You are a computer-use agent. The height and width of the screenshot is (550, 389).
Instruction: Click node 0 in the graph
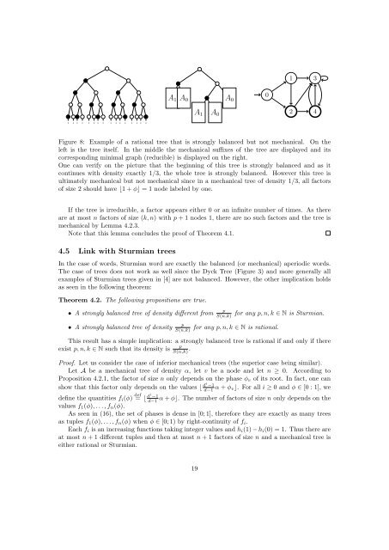pyautogui.click(x=268, y=94)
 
